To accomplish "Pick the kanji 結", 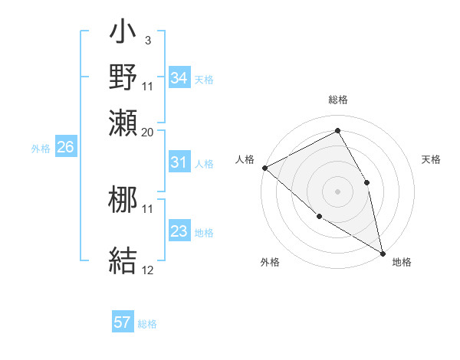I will (123, 259).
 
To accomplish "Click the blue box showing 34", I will (179, 78).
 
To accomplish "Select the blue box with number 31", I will (179, 162).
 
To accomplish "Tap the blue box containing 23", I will (179, 231).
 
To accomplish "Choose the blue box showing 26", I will (65, 147).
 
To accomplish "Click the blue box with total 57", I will (123, 322).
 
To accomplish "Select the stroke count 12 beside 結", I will (147, 270).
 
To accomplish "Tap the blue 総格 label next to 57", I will (148, 324).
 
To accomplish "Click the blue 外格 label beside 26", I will (41, 149).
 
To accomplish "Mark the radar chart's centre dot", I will (337, 191).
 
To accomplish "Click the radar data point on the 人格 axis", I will (264, 168).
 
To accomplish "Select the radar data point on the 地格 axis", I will (382, 252).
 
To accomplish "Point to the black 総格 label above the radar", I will (338, 100).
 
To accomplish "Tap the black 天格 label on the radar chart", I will (431, 159).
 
